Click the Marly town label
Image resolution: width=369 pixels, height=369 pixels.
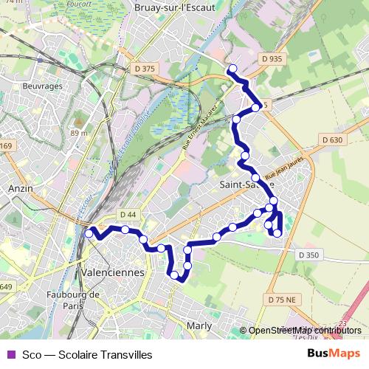tap(199, 325)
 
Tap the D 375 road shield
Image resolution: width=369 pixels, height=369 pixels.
tap(145, 69)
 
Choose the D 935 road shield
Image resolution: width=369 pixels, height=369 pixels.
tap(272, 57)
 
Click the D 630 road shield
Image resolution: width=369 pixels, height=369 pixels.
tap(332, 140)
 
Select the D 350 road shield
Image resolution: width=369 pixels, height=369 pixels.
tap(309, 255)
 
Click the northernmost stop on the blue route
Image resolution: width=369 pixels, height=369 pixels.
tap(232, 69)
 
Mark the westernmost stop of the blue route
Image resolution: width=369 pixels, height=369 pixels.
tap(89, 233)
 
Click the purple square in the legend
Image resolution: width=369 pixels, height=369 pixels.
tap(10, 355)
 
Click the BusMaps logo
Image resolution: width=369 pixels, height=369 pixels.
tap(333, 354)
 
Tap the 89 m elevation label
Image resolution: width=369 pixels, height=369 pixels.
tap(79, 133)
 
